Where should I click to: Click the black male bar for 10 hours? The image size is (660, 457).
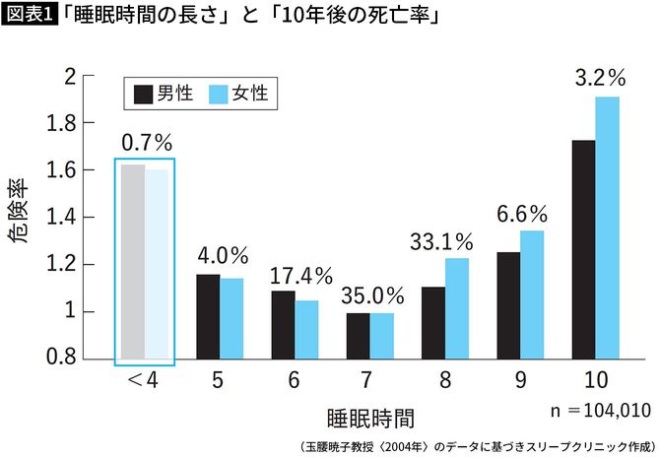point(582,250)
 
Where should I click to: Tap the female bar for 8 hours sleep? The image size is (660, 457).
point(456,308)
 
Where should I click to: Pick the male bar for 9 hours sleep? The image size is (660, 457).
point(508,305)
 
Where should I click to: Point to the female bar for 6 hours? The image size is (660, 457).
point(306,329)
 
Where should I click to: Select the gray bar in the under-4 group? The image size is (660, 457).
point(132,261)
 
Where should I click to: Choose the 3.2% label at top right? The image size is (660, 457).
point(596,77)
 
